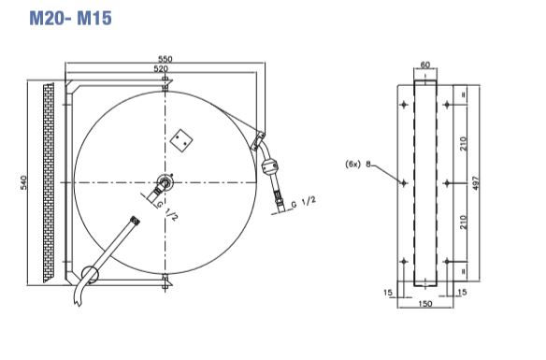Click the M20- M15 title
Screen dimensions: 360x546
pyautogui.click(x=69, y=18)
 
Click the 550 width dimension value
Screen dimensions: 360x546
pyautogui.click(x=165, y=59)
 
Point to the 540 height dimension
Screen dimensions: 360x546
pyautogui.click(x=25, y=181)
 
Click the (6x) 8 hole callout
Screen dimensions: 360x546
pyautogui.click(x=358, y=164)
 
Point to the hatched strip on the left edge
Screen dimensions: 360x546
pyautogui.click(x=49, y=181)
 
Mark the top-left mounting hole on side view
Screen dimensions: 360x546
pyautogui.click(x=403, y=105)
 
